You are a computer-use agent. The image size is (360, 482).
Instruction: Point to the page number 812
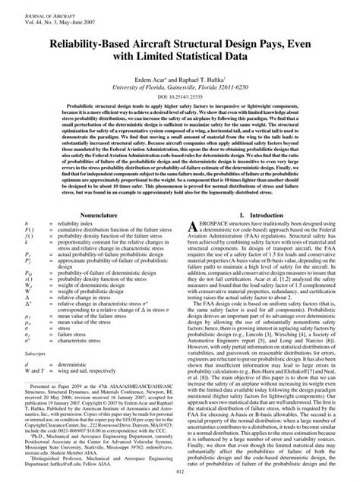179,474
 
